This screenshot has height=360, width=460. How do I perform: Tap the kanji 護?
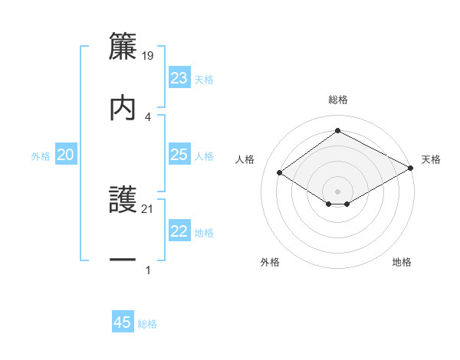point(123,200)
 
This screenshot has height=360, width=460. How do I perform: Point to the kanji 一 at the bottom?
point(123,260)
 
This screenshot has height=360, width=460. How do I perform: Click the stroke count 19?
point(148,56)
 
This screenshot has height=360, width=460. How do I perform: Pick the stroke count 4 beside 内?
point(148,116)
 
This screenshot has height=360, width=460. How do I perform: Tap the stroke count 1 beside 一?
point(148,270)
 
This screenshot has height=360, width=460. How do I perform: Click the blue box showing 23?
point(179,78)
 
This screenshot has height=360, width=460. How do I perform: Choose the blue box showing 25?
point(179,155)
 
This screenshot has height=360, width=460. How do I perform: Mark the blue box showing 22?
point(179,231)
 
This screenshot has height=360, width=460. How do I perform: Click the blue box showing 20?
point(66,155)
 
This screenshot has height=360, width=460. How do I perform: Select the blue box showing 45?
point(123,322)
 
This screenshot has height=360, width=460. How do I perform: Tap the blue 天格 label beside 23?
point(204,80)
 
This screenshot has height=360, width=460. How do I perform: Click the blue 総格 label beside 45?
point(147,324)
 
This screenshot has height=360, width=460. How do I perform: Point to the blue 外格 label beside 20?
point(41,156)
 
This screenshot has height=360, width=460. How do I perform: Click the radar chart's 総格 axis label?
point(338,100)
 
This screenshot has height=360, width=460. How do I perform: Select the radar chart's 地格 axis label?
point(402,262)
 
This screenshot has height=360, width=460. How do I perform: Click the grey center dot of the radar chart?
point(338,190)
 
